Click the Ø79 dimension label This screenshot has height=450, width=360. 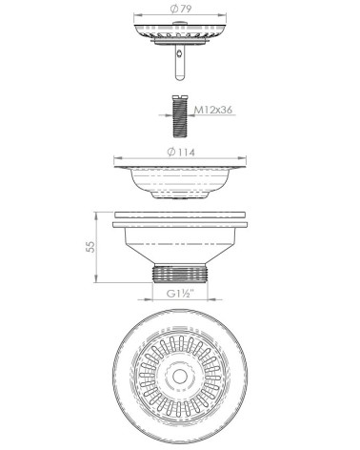point(179,9)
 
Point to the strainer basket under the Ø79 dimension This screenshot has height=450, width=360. point(179,31)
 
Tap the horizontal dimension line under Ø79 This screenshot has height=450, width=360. point(179,16)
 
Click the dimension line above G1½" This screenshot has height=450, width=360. point(179,285)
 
